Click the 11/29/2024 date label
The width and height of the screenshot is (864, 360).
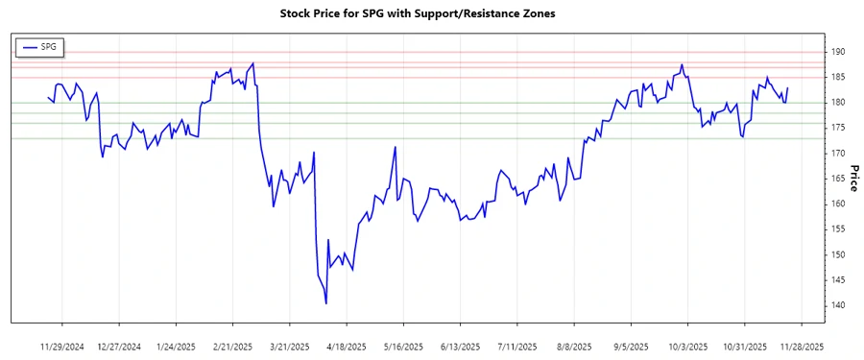tap(63, 346)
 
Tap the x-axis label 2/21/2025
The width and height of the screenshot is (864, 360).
tap(233, 346)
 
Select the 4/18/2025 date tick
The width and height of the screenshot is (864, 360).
tap(347, 346)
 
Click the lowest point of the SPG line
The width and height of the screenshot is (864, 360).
tap(326, 303)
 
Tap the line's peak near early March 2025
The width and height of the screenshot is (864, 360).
tap(252, 64)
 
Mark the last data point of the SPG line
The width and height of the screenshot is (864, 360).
tap(787, 88)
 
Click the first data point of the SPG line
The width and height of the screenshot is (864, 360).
tap(48, 97)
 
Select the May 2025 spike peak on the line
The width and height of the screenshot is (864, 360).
tap(396, 147)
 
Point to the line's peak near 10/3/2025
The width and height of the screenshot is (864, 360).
tap(682, 65)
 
